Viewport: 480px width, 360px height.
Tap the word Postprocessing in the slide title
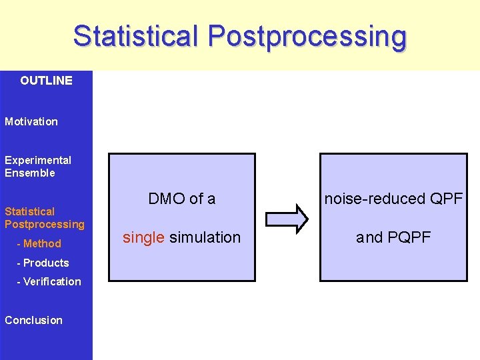307,37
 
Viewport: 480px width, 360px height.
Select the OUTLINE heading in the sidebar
46,81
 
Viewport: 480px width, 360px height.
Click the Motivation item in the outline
31,121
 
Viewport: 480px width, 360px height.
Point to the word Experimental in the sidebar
38,160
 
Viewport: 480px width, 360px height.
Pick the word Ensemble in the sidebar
30,173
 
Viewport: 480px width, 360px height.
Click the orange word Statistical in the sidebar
30,211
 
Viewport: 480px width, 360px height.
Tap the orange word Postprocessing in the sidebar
45,224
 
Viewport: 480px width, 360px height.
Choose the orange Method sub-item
42,243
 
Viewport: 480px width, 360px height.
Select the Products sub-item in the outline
46,263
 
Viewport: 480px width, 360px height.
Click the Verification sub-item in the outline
52,281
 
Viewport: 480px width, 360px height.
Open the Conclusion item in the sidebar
33,320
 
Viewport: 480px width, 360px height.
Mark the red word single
143,237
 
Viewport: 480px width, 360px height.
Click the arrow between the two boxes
287,218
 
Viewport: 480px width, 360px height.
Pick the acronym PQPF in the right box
409,237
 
